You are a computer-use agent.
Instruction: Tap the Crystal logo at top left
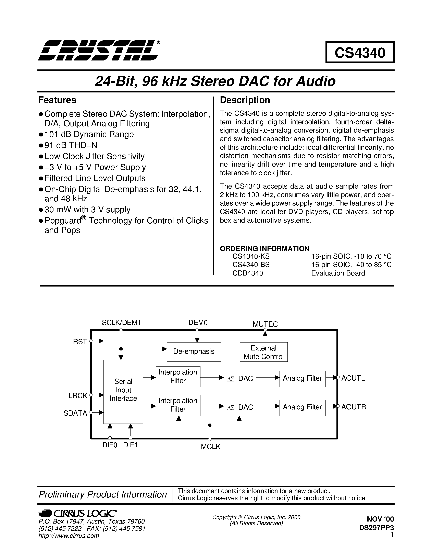pyautogui.click(x=99, y=50)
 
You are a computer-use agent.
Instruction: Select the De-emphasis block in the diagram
pyautogui.click(x=194, y=351)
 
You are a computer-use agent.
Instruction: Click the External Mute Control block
pyautogui.click(x=264, y=352)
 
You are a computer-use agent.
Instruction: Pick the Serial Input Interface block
pyautogui.click(x=123, y=390)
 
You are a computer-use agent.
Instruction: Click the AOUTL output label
pyautogui.click(x=353, y=378)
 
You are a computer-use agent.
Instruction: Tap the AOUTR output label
pyautogui.click(x=354, y=407)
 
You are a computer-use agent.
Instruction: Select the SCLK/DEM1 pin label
pyautogui.click(x=121, y=323)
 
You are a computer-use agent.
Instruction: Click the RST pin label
pyautogui.click(x=80, y=342)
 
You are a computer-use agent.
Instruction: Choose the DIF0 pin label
pyautogui.click(x=110, y=445)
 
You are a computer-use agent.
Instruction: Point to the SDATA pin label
pyautogui.click(x=75, y=413)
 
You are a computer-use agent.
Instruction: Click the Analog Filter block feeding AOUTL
pyautogui.click(x=302, y=379)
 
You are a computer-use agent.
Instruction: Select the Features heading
pyautogui.click(x=57, y=100)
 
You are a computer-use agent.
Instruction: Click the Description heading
pyautogui.click(x=245, y=100)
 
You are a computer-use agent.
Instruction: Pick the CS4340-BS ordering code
pyautogui.click(x=251, y=265)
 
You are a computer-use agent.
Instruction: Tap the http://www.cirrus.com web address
pyautogui.click(x=69, y=536)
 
